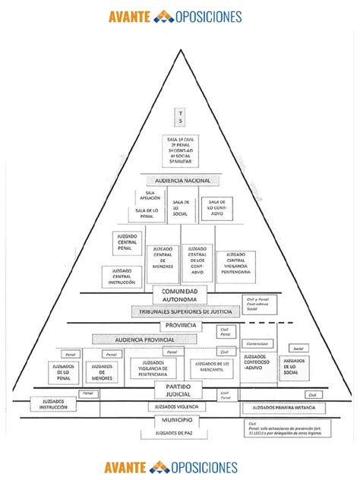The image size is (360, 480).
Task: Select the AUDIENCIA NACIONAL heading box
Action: pos(182,181)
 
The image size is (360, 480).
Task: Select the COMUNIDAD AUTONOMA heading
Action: pos(180,295)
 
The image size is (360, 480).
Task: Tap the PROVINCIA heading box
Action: pos(180,326)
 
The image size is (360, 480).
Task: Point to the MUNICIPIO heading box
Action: pos(179,420)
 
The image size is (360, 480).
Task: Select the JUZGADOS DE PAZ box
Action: pos(179,434)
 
